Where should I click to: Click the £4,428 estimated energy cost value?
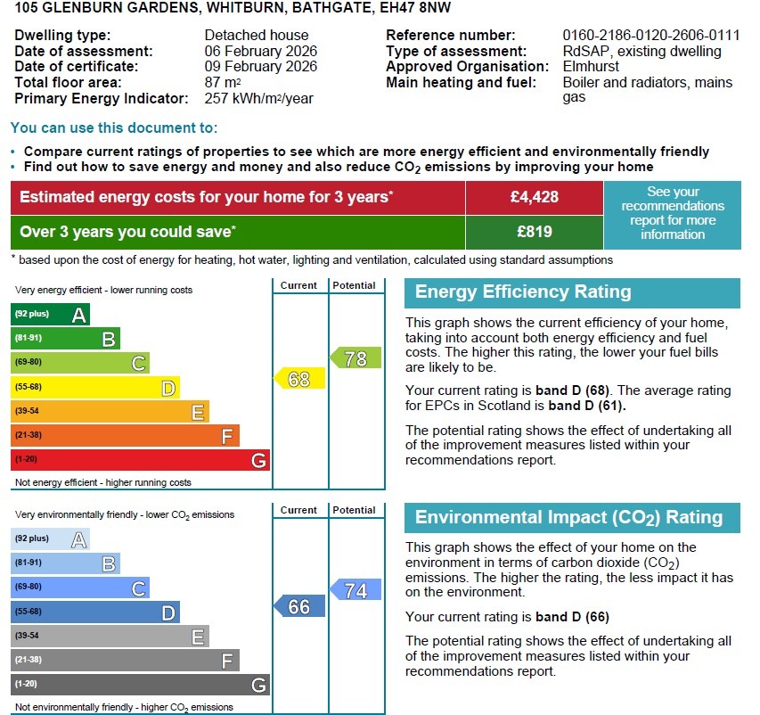click(x=534, y=197)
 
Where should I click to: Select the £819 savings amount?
click(x=534, y=232)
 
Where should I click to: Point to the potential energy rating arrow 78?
click(x=355, y=358)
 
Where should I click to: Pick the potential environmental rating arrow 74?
click(x=355, y=590)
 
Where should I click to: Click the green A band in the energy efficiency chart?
click(x=50, y=314)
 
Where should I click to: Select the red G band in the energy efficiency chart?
click(x=140, y=460)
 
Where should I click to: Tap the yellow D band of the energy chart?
click(x=94, y=387)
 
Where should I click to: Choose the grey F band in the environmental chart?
click(x=125, y=661)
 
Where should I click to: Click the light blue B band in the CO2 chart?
click(x=65, y=563)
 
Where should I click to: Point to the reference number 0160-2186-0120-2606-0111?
click(x=651, y=36)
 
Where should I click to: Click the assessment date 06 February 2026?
click(x=260, y=52)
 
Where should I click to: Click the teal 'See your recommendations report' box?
click(x=673, y=214)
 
